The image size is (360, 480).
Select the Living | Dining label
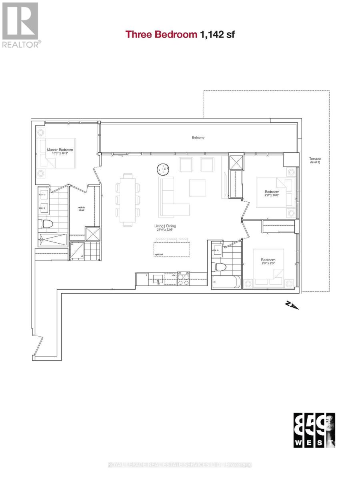(x=165, y=226)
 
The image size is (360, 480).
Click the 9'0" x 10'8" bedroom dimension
(x=272, y=196)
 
